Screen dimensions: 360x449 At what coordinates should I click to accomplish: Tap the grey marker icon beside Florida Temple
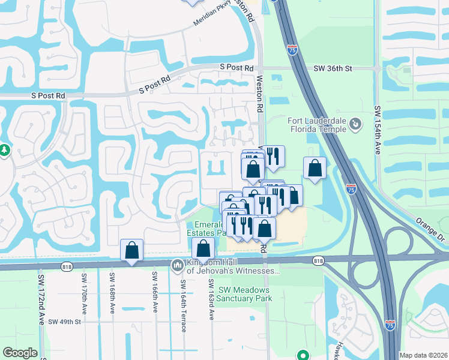click(x=355, y=125)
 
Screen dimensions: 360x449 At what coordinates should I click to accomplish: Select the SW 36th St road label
click(x=332, y=69)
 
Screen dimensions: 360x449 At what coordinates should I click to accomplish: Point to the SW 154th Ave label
click(x=378, y=131)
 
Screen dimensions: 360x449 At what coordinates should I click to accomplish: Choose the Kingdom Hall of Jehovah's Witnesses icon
click(x=178, y=265)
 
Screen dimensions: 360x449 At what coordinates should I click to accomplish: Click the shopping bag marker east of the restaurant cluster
click(x=315, y=169)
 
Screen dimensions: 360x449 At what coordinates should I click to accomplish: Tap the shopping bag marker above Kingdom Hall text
click(x=203, y=249)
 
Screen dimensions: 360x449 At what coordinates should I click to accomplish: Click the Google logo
click(x=20, y=353)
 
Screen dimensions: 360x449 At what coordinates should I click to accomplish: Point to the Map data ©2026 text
click(x=423, y=355)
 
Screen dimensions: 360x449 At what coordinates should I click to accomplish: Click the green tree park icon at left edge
click(x=4, y=149)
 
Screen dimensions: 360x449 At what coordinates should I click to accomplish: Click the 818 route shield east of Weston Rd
click(x=318, y=260)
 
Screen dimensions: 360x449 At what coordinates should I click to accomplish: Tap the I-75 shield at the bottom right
click(x=390, y=323)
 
